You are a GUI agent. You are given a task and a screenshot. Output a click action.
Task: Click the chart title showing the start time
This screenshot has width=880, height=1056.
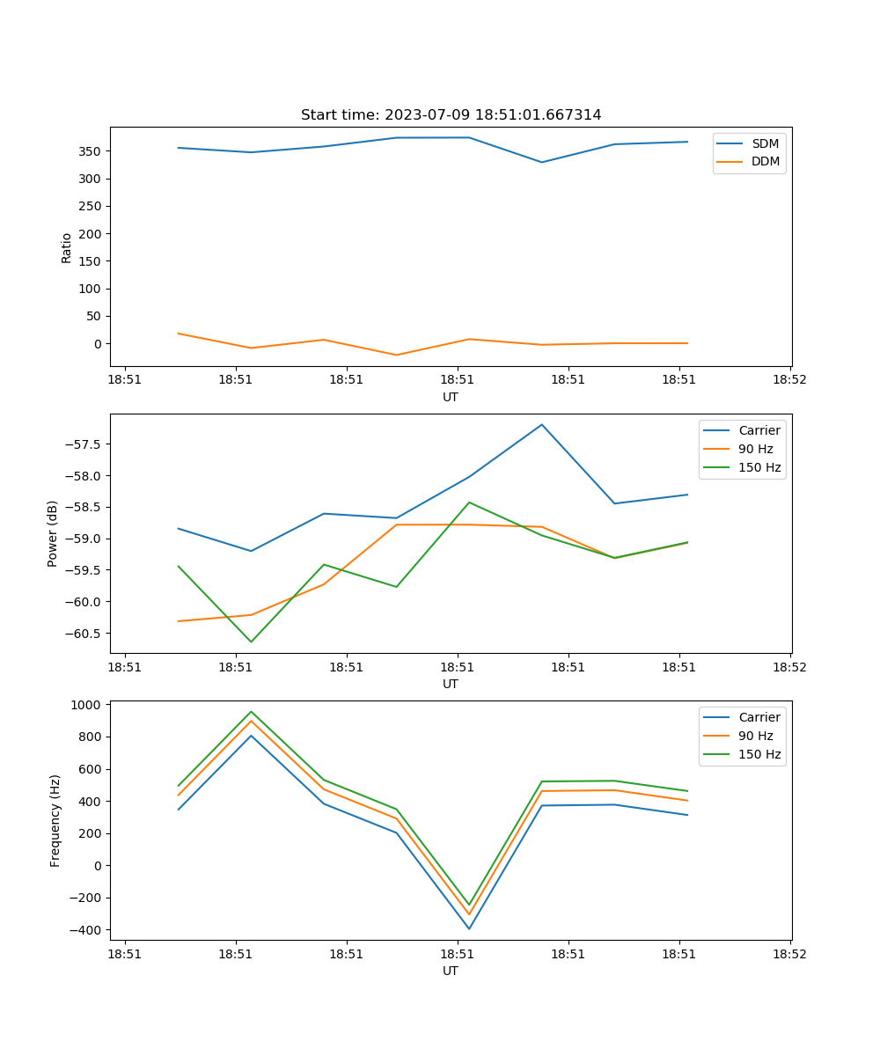[x=451, y=115]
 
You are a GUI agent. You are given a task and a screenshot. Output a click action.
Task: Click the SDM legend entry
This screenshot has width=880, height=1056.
[x=765, y=143]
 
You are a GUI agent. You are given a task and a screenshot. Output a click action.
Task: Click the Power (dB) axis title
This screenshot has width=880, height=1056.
[x=53, y=533]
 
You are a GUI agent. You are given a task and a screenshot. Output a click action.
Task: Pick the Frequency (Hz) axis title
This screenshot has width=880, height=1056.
[x=55, y=820]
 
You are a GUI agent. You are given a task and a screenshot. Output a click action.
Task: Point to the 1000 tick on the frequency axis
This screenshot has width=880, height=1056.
[x=86, y=705]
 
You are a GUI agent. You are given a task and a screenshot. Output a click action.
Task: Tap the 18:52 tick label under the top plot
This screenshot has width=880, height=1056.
[x=789, y=380]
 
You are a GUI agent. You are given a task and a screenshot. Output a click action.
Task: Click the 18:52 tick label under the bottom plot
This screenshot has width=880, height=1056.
[x=789, y=954]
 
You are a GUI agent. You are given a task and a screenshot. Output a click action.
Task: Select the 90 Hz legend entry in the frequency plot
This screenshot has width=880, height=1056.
[x=755, y=736]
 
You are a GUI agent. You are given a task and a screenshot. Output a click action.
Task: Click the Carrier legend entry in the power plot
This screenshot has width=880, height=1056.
[x=759, y=430]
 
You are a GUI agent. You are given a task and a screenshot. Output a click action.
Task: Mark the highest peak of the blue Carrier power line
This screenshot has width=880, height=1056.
[x=542, y=424]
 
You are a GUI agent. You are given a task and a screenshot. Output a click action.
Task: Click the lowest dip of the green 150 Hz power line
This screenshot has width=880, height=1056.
[x=251, y=642]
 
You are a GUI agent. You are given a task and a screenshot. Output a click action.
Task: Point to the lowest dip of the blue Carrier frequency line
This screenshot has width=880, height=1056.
[x=469, y=928]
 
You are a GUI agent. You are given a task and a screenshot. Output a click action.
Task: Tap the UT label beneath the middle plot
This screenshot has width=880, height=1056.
[x=451, y=684]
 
